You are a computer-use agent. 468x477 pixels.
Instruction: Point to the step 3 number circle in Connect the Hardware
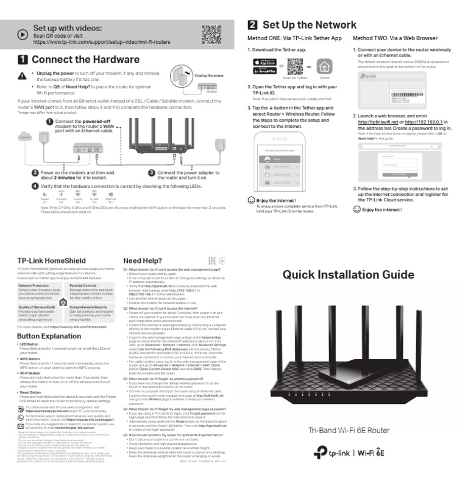[151, 173]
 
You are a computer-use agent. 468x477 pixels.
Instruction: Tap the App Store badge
[264, 62]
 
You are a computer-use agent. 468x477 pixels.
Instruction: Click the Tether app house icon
[324, 66]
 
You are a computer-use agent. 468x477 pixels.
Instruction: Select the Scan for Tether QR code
[295, 66]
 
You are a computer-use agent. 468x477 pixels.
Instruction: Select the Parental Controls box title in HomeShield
[83, 285]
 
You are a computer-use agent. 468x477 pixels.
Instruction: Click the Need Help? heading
[142, 260]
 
